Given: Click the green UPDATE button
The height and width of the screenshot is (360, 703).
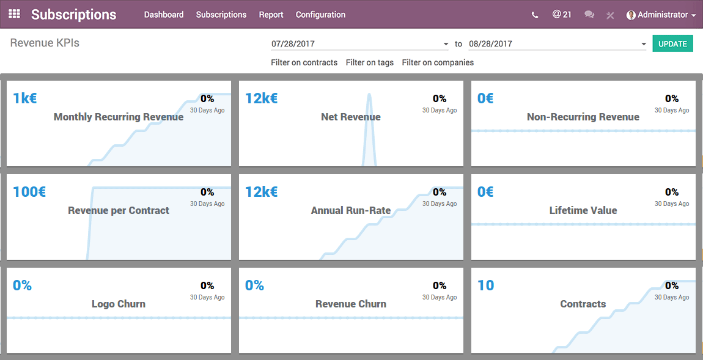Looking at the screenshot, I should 672,44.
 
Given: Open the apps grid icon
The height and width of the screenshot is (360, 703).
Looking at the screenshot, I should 14,14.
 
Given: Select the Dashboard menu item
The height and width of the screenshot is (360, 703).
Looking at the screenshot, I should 164,15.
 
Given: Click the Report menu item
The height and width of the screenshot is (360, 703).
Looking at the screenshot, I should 271,15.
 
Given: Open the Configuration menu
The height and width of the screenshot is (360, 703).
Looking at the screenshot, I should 320,15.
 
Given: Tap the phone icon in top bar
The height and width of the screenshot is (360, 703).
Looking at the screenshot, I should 535,15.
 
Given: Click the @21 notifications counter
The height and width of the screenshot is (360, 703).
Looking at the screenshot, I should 562,14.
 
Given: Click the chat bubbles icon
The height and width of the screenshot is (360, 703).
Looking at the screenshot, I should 589,15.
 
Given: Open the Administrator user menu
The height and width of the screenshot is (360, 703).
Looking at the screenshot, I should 661,15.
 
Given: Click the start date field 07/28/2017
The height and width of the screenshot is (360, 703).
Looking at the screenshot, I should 358,44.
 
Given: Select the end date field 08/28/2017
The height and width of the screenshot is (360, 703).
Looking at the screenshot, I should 554,44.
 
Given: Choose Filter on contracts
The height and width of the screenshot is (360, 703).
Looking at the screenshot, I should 304,62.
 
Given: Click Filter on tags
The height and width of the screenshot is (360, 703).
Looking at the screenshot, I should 370,62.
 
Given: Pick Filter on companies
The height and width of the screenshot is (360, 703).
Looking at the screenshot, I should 438,62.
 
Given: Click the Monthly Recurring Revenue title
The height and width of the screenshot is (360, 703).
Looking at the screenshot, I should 119,117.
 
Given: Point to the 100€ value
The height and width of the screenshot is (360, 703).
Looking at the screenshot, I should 29,192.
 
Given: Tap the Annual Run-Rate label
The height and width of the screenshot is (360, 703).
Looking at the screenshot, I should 351,210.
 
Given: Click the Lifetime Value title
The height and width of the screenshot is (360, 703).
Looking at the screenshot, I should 583,210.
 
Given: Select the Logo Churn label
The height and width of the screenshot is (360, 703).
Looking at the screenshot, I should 119,304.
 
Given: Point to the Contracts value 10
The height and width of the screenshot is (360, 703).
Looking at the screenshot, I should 486,285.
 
